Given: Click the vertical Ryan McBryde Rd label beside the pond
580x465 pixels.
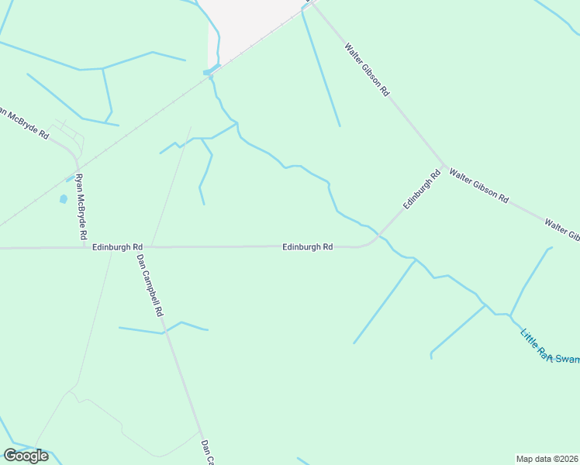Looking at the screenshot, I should [81, 205].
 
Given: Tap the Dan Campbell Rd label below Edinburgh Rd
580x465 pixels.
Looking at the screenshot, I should [150, 285].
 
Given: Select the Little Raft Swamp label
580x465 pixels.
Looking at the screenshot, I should [550, 347].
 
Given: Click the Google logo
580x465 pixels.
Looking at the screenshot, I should [26, 456].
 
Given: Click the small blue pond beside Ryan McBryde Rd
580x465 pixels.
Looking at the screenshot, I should [63, 199].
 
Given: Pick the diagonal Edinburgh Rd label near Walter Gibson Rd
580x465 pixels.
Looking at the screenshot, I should [421, 190].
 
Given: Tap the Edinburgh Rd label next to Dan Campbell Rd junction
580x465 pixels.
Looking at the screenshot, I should [117, 246].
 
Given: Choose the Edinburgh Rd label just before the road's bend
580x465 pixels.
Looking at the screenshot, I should [307, 246].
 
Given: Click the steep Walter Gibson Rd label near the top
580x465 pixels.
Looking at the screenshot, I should [367, 69].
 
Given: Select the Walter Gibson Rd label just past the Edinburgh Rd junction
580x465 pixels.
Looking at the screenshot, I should [478, 187].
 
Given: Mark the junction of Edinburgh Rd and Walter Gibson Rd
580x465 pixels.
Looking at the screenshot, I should [444, 167].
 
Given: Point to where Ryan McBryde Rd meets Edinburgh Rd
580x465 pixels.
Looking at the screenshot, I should [85, 247].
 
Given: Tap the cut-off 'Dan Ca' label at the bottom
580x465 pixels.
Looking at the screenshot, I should [206, 453].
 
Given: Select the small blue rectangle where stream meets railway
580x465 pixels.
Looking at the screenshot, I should [208, 73].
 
